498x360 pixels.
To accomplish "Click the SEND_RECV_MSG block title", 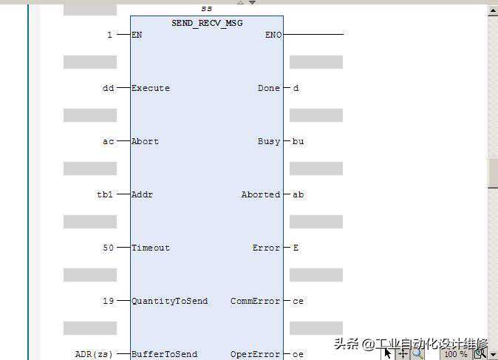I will [207, 23].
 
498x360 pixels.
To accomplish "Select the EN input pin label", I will [137, 35].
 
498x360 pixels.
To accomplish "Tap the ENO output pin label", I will [273, 35].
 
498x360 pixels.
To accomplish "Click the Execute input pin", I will [151, 88].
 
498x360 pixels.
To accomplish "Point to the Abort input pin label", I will [145, 141].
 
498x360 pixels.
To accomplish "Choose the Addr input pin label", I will [142, 194].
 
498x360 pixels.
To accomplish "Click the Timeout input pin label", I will [151, 248].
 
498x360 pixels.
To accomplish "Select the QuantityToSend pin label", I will [169, 301].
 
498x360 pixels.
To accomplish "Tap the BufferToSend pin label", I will [164, 354].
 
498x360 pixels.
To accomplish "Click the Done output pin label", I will [269, 88].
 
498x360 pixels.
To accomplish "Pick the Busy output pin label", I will [269, 141].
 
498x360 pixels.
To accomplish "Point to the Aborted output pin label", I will [261, 194].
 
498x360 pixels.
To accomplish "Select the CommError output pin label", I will [256, 301].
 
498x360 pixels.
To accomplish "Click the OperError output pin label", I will [256, 354].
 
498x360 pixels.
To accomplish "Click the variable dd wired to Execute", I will [108, 88].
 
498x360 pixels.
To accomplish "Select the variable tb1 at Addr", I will [105, 194].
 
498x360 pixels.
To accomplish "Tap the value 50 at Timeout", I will [108, 248].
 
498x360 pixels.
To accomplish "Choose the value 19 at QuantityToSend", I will [108, 301].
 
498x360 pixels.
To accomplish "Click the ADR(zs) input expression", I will [94, 354].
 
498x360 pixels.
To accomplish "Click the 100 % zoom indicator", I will [455, 354].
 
